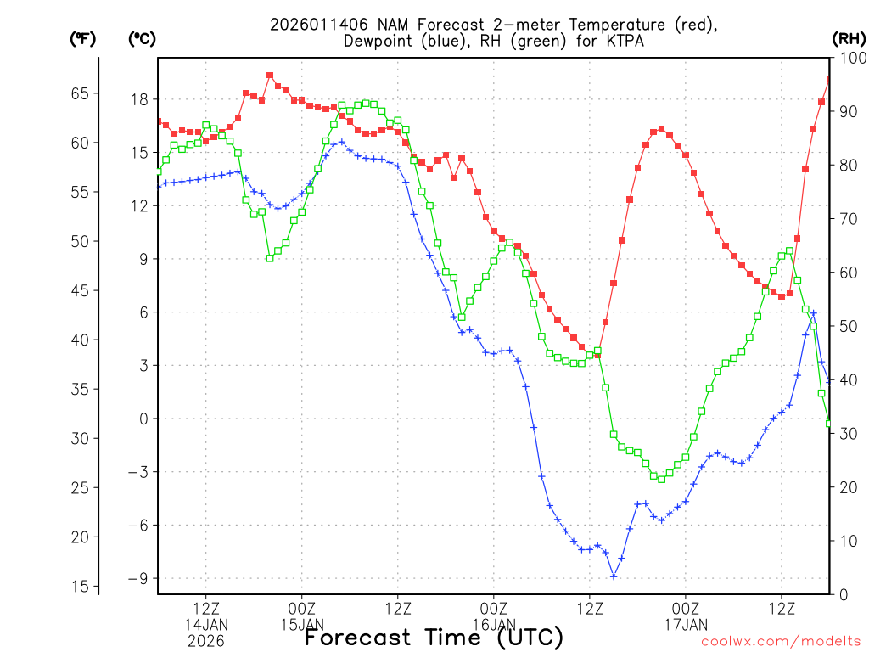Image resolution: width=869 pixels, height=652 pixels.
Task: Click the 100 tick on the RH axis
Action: click(848, 59)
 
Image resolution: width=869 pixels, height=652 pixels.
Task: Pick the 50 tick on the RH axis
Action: click(848, 327)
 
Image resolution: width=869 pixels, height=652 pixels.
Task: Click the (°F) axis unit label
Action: click(83, 39)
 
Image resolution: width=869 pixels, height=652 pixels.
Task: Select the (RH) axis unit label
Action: click(849, 39)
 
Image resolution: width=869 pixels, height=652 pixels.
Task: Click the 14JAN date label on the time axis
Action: click(206, 625)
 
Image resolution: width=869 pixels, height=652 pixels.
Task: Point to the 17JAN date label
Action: click(686, 625)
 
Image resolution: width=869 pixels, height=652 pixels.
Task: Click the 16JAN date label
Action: click(494, 625)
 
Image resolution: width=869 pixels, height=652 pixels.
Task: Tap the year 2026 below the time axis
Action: click(206, 641)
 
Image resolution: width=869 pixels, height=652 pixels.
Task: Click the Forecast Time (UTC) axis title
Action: click(434, 637)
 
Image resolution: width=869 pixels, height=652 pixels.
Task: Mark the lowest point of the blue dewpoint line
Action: click(614, 576)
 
